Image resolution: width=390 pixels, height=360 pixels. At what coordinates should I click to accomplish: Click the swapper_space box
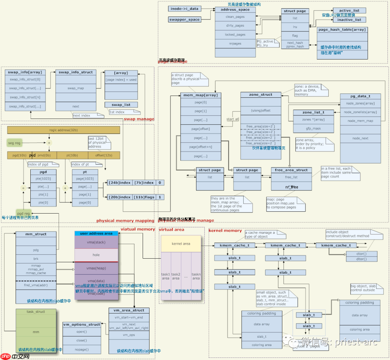(x=184, y=19)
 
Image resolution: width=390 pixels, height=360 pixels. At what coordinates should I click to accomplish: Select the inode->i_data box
(x=184, y=9)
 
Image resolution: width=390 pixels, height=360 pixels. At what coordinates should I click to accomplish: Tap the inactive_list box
(x=349, y=20)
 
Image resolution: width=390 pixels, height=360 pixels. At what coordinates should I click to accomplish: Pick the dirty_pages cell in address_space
(x=235, y=26)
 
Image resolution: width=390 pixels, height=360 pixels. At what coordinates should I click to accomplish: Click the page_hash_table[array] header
(x=342, y=30)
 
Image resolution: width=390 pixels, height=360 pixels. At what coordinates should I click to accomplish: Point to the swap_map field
(x=75, y=88)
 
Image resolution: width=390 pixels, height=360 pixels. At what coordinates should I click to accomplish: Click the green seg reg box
(x=14, y=143)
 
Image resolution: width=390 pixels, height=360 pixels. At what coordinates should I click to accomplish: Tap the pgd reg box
(x=23, y=213)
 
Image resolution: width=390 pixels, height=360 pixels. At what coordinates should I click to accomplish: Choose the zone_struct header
(x=261, y=95)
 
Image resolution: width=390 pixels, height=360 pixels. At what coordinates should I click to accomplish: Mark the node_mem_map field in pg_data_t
(x=360, y=121)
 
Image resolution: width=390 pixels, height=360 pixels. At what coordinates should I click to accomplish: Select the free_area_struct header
(x=291, y=170)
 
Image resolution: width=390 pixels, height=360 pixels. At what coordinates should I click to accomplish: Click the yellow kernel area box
(x=181, y=244)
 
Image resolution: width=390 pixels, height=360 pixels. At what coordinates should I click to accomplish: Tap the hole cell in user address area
(x=96, y=255)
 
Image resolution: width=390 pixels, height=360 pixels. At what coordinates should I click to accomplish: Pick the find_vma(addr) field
(x=36, y=285)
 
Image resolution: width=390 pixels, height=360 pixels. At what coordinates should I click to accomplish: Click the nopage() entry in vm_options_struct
(x=82, y=349)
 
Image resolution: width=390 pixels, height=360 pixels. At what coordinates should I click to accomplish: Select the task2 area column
(x=176, y=276)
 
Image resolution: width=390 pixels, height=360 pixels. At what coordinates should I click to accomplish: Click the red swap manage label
(x=139, y=119)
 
